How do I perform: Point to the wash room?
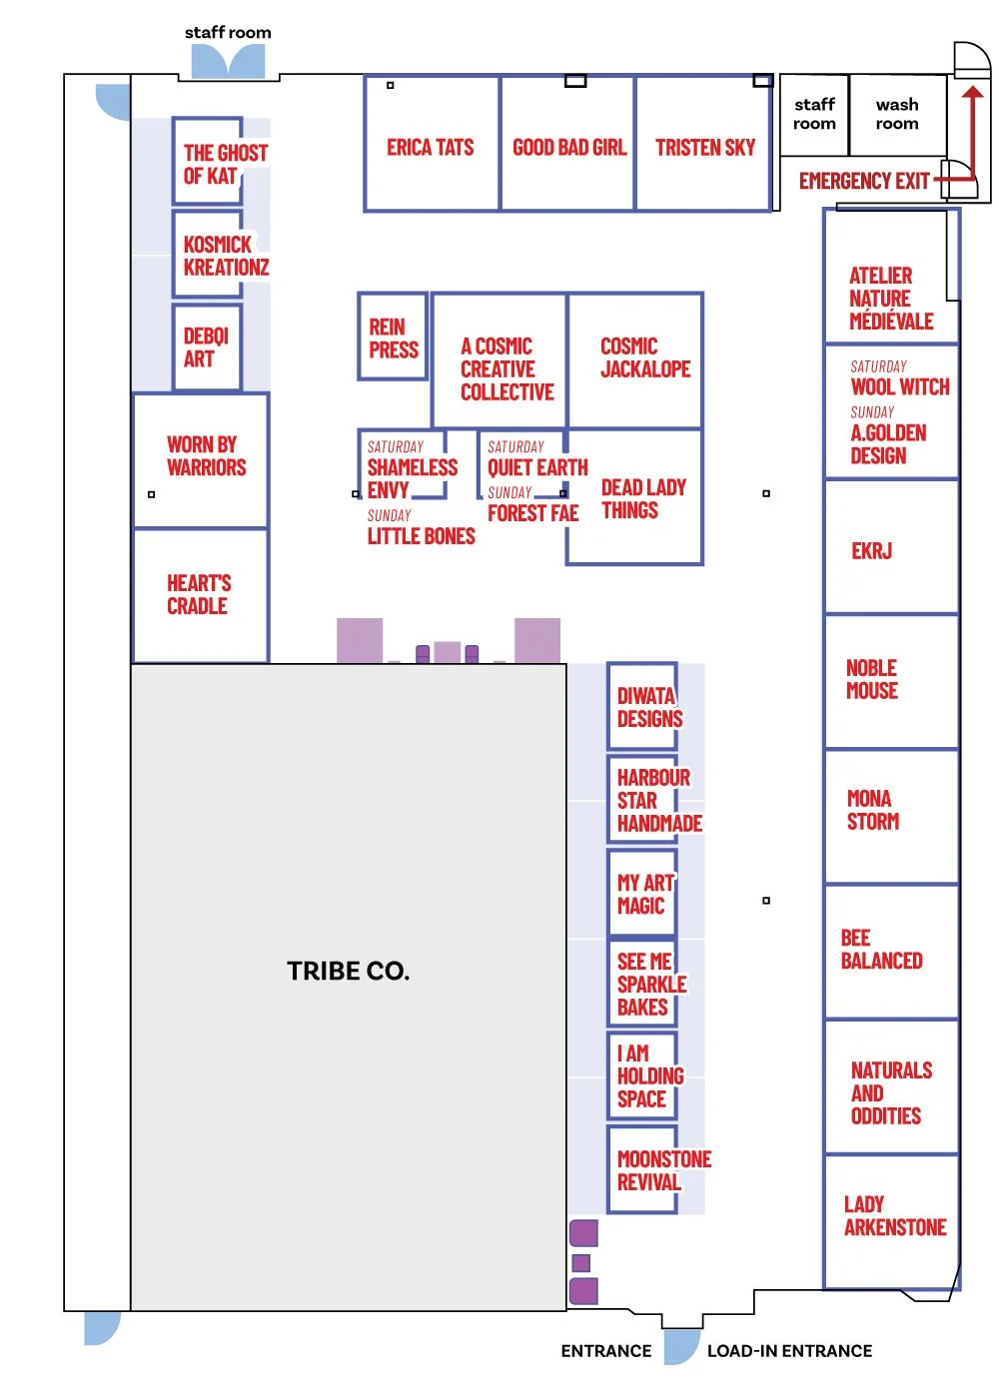897,115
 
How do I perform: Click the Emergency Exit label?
864,181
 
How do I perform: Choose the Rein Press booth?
393,337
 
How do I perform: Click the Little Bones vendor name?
421,536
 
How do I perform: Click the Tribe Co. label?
348,971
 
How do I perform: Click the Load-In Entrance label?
789,1351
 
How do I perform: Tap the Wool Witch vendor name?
899,386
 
